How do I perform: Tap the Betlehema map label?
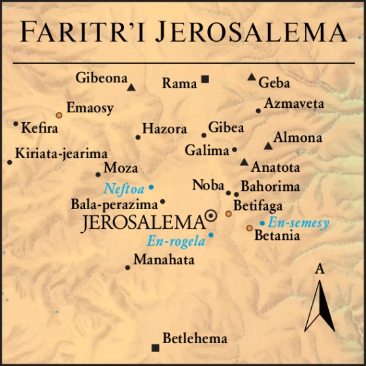click(195, 339)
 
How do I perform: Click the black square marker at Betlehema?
click(155, 348)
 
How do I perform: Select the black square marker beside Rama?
click(205, 79)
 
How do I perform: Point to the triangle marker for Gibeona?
click(131, 87)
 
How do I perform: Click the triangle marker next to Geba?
click(252, 76)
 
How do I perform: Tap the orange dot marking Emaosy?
click(59, 114)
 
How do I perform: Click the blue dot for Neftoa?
click(151, 188)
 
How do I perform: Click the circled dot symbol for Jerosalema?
click(211, 215)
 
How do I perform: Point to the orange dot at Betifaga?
click(228, 214)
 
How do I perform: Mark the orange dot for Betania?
click(249, 227)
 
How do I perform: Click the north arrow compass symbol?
click(320, 304)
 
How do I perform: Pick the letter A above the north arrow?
click(320, 268)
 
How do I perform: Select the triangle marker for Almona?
click(267, 146)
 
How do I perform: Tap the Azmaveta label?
click(294, 104)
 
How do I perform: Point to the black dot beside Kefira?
click(16, 123)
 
